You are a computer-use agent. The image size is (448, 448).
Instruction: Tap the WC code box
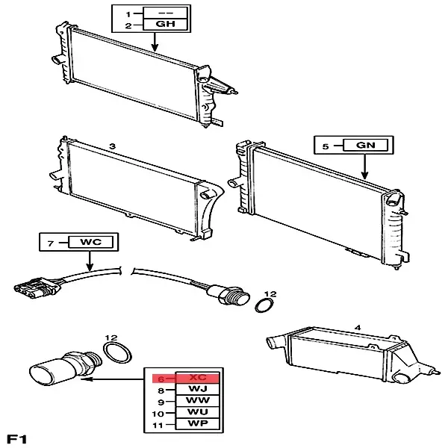tap(90, 242)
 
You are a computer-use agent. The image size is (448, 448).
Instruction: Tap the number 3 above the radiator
tap(111, 148)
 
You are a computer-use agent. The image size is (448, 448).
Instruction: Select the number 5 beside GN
tap(326, 147)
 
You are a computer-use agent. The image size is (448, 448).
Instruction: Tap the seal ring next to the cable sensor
tap(264, 305)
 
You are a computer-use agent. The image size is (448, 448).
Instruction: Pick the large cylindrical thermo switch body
tap(57, 369)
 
